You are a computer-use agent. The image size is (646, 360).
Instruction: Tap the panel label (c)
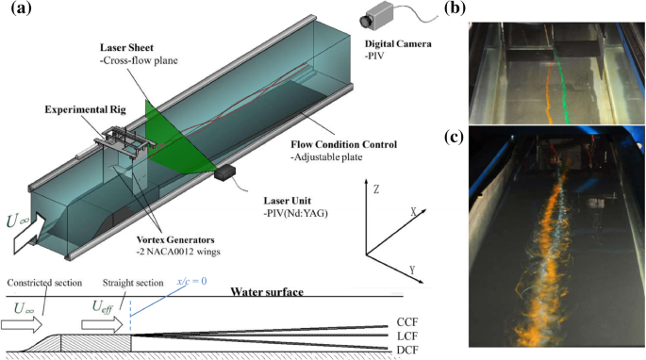click(x=455, y=139)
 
